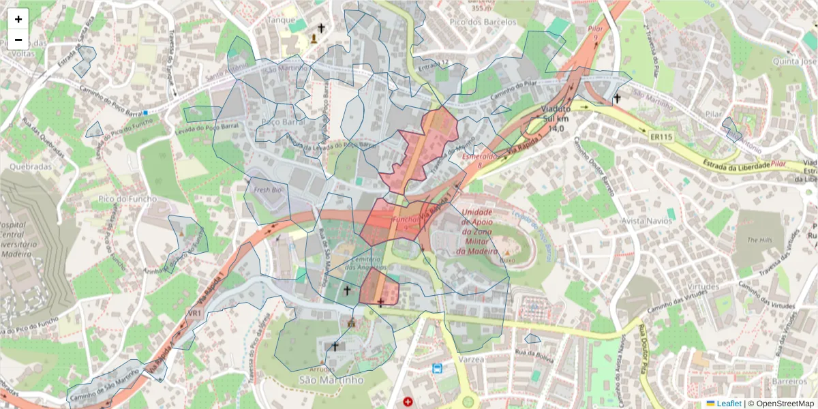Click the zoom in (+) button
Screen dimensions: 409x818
point(18,19)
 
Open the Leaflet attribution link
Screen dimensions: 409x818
point(729,404)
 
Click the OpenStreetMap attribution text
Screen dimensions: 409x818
point(781,404)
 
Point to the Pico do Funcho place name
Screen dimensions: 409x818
point(127,198)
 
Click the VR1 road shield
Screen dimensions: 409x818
point(194,313)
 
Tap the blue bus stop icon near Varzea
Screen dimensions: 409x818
point(436,369)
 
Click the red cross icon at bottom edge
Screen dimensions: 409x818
point(408,402)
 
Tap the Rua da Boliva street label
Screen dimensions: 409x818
point(534,352)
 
